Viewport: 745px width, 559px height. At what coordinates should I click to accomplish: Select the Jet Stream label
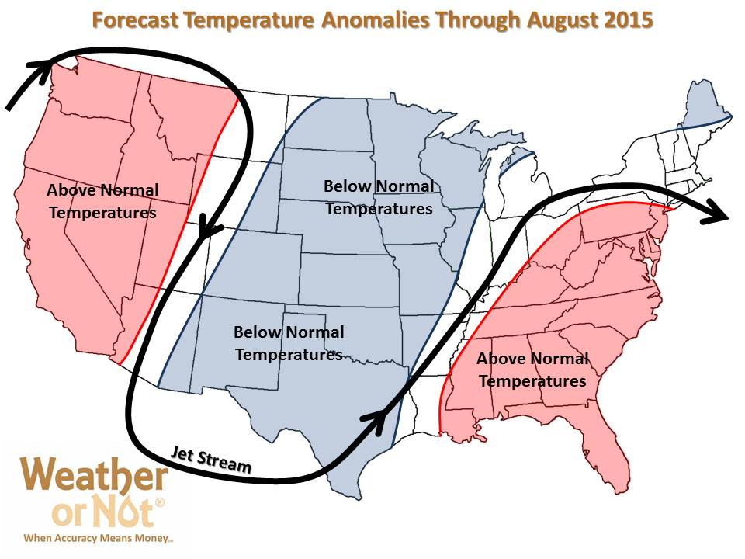coord(211,460)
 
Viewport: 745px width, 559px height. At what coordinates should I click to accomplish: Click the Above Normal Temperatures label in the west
coord(102,202)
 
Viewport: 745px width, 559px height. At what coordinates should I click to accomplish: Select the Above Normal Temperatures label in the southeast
coord(532,370)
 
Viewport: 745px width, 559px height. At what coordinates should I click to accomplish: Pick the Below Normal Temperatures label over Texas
coord(289,343)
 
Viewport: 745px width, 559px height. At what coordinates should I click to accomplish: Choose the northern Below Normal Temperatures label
coord(379,197)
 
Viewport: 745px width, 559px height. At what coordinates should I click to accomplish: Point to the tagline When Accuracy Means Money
coord(99,538)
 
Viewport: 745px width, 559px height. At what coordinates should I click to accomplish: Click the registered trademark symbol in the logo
coord(160,502)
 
